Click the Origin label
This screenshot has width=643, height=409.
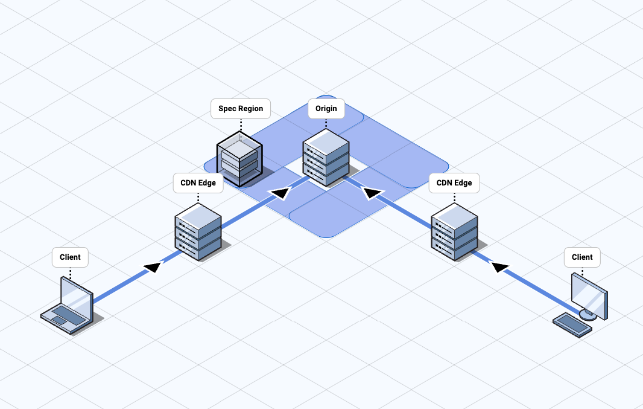pyautogui.click(x=326, y=109)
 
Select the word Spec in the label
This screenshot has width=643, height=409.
pyautogui.click(x=228, y=109)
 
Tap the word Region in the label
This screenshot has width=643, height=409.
pyautogui.click(x=251, y=109)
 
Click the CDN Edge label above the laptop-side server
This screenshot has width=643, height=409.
pyautogui.click(x=198, y=183)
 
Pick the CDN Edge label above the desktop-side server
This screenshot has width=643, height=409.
pyautogui.click(x=454, y=183)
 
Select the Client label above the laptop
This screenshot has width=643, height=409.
pyautogui.click(x=70, y=257)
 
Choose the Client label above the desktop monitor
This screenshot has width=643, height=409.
pyautogui.click(x=582, y=257)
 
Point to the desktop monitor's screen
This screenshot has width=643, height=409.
pyautogui.click(x=589, y=292)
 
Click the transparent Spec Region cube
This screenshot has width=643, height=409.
pyautogui.click(x=239, y=156)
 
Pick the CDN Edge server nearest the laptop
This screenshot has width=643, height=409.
pyautogui.click(x=198, y=231)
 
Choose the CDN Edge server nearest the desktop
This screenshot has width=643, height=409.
pyautogui.click(x=455, y=231)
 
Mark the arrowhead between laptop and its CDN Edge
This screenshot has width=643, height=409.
pyautogui.click(x=154, y=266)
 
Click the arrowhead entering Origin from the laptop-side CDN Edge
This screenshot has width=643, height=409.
pyautogui.click(x=280, y=193)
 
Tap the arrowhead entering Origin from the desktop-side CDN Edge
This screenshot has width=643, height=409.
pyautogui.click(x=372, y=193)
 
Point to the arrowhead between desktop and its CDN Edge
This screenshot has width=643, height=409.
pyautogui.click(x=500, y=266)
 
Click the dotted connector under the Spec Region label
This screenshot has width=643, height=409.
pyautogui.click(x=241, y=124)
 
